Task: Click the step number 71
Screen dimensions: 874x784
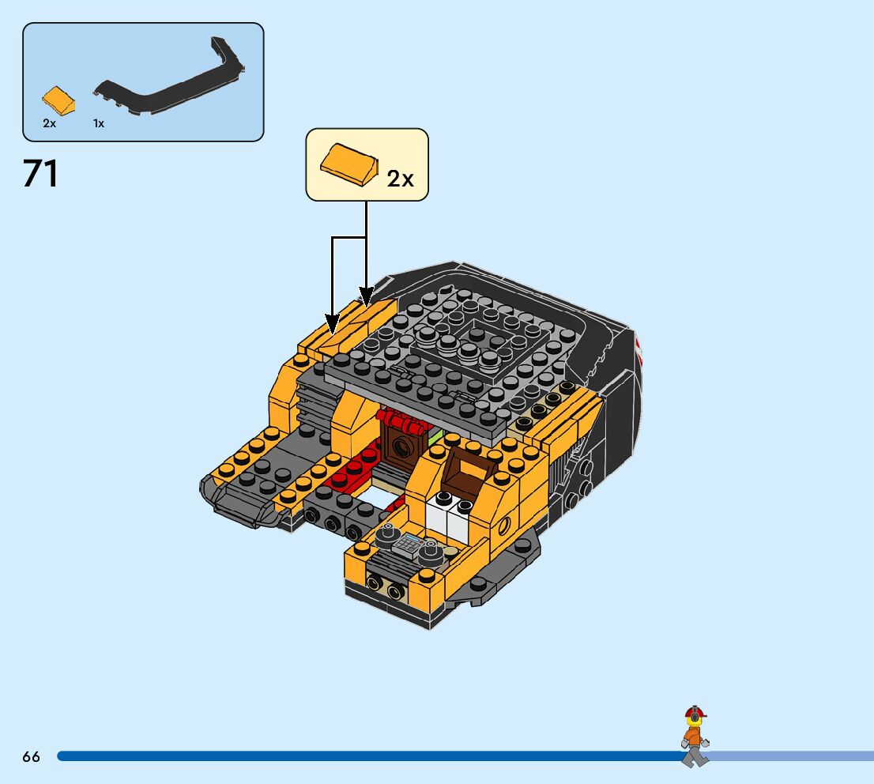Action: [40, 174]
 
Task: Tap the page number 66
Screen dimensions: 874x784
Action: [31, 756]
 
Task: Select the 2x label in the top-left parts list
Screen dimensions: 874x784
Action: [50, 123]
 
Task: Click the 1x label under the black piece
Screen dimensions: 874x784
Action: [99, 123]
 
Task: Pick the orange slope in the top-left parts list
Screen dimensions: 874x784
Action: [59, 100]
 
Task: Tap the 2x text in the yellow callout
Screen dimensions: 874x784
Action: [400, 179]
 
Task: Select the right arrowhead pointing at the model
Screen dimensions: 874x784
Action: [366, 297]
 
